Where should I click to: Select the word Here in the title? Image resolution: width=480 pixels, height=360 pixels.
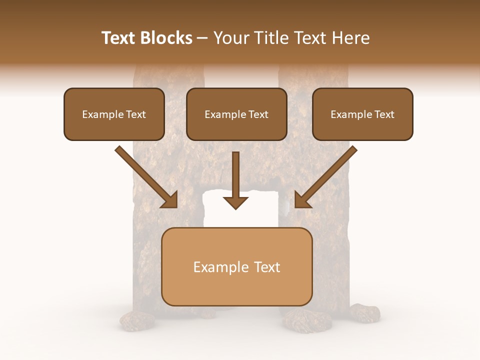351,38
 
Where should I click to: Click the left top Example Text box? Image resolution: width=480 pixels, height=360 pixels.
114,114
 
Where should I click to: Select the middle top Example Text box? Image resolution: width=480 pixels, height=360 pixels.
236,114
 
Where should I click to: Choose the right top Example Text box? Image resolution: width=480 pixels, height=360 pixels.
362,114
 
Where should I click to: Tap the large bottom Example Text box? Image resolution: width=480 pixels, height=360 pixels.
236,266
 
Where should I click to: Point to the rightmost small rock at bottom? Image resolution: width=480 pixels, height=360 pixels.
365,313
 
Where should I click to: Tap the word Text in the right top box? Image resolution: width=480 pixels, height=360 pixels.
384,114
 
